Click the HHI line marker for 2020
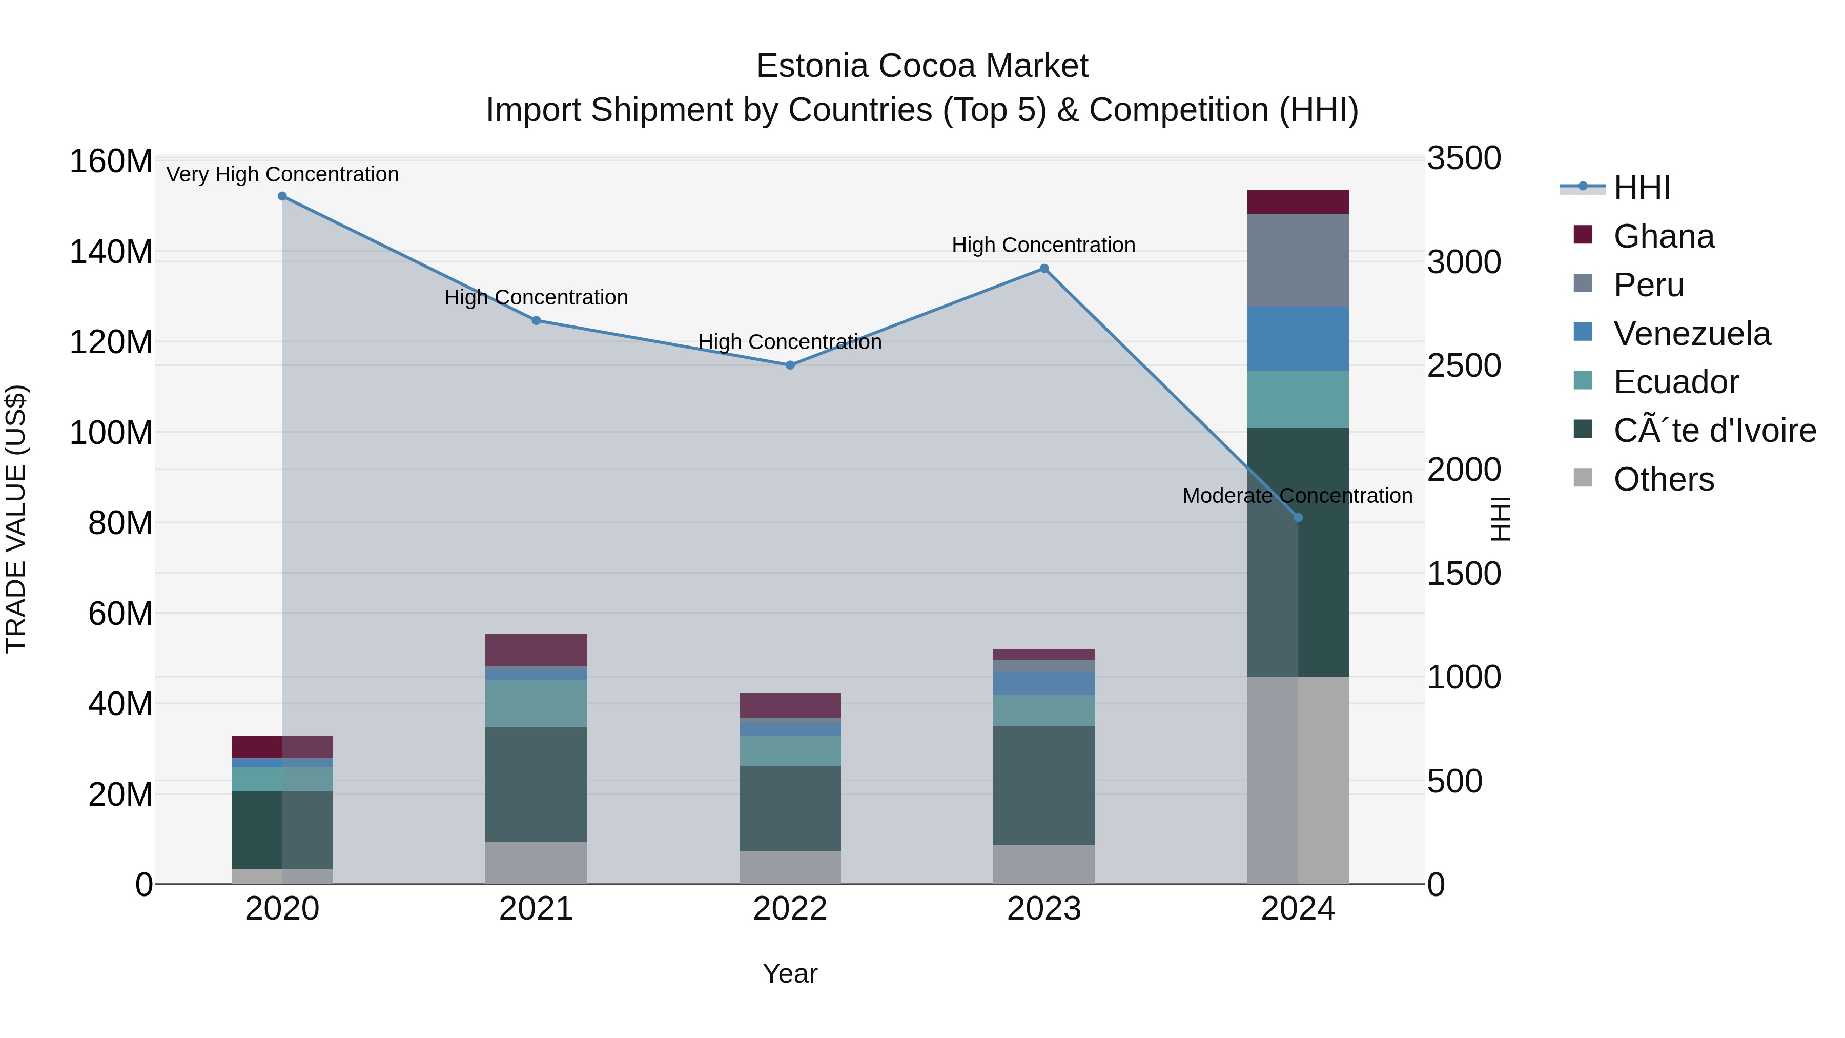(x=282, y=196)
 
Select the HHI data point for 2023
(x=1043, y=269)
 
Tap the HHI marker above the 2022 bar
(x=790, y=365)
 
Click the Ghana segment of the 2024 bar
(x=1298, y=202)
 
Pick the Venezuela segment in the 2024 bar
(x=1298, y=339)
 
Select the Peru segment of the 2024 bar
(x=1298, y=260)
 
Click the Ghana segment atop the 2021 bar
(x=536, y=650)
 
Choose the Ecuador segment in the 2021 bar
(x=536, y=703)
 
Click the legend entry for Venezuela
(x=1691, y=334)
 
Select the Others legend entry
(x=1663, y=479)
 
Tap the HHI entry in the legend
(x=1641, y=188)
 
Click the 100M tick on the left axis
(x=111, y=433)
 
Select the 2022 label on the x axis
(x=790, y=909)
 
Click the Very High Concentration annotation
(x=282, y=174)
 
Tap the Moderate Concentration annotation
(x=1297, y=496)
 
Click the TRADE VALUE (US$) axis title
(x=16, y=519)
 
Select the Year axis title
(x=789, y=973)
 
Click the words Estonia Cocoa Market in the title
(x=922, y=66)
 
